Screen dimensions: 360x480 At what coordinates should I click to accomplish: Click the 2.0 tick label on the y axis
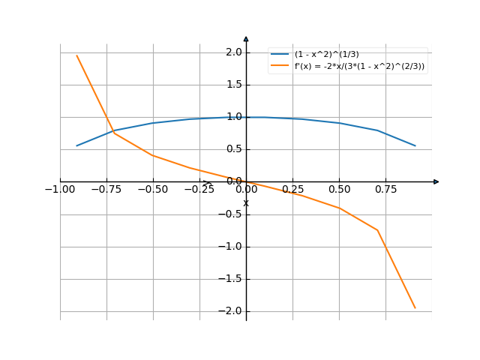pyautogui.click(x=232, y=52)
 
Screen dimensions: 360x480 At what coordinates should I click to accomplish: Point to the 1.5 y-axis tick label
pyautogui.click(x=232, y=85)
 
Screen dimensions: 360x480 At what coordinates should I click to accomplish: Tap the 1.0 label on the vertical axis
pyautogui.click(x=232, y=117)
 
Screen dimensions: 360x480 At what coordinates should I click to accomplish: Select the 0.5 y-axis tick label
pyautogui.click(x=232, y=149)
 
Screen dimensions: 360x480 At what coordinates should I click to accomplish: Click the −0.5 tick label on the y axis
pyautogui.click(x=230, y=214)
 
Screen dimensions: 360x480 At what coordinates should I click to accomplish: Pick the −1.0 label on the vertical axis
pyautogui.click(x=230, y=247)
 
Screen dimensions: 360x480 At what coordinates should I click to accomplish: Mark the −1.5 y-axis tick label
pyautogui.click(x=230, y=279)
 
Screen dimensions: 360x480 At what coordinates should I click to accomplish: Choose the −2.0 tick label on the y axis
pyautogui.click(x=230, y=311)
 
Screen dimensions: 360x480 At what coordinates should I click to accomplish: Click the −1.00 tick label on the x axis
pyautogui.click(x=60, y=190)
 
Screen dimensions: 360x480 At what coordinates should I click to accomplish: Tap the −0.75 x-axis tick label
pyautogui.click(x=106, y=190)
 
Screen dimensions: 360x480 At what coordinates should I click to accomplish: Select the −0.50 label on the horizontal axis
pyautogui.click(x=153, y=190)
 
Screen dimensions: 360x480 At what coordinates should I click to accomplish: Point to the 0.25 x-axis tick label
pyautogui.click(x=293, y=190)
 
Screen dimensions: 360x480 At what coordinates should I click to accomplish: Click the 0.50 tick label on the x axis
pyautogui.click(x=340, y=190)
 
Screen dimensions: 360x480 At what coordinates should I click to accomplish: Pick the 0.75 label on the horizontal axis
pyautogui.click(x=386, y=190)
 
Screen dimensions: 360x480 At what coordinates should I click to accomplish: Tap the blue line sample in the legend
pyautogui.click(x=280, y=55)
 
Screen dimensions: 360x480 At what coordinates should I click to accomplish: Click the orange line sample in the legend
pyautogui.click(x=280, y=66)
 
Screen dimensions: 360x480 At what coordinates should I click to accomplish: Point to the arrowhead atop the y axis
pyautogui.click(x=246, y=38)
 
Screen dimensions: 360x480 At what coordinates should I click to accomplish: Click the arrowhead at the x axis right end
pyautogui.click(x=436, y=181)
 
